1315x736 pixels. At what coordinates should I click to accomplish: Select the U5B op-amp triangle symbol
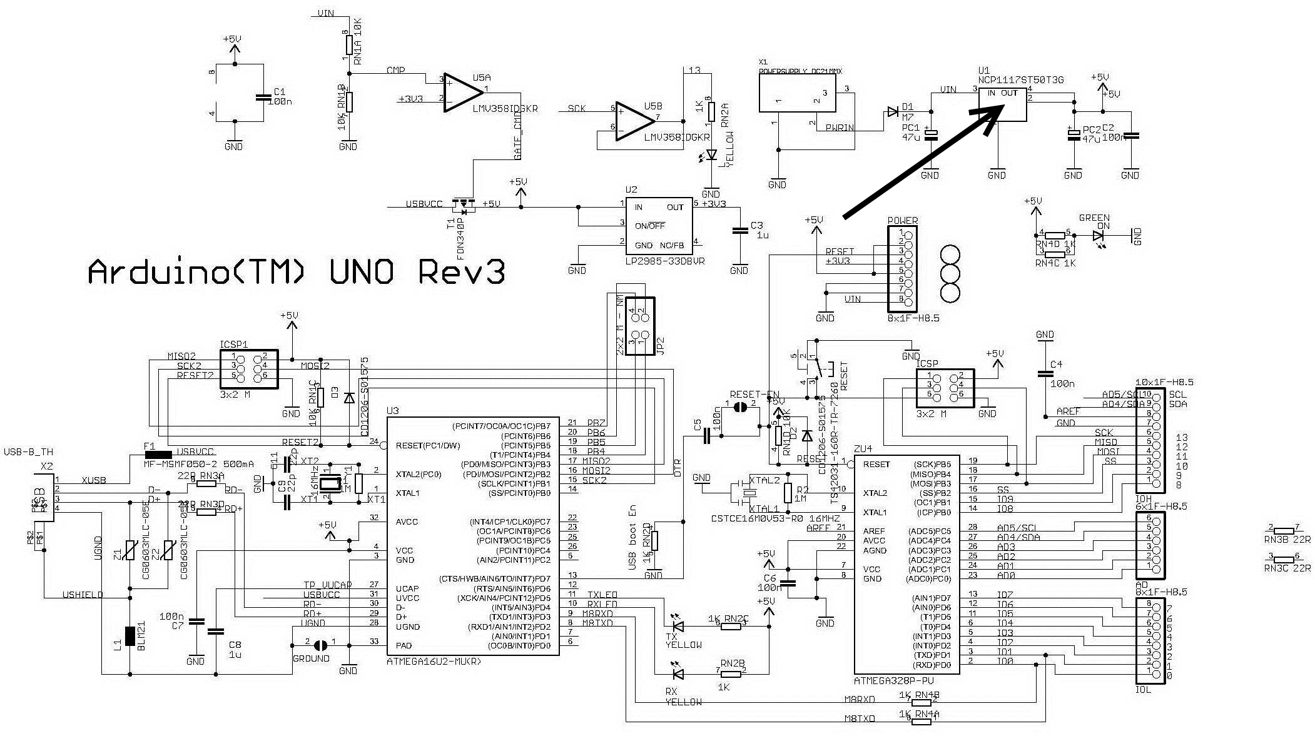click(633, 121)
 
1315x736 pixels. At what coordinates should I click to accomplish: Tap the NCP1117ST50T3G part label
click(1020, 80)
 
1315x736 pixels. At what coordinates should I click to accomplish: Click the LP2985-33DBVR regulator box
click(658, 226)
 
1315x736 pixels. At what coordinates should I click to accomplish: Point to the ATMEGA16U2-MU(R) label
click(434, 660)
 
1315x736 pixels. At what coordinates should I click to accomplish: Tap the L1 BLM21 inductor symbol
click(130, 635)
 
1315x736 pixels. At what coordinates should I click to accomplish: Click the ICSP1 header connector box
click(249, 369)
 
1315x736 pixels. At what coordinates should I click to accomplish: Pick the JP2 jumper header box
click(640, 326)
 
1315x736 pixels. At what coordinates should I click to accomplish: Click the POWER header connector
click(902, 268)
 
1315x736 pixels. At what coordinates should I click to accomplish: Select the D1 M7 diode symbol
click(893, 113)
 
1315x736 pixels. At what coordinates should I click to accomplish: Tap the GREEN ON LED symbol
click(1099, 236)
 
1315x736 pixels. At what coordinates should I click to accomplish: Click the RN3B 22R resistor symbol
click(1284, 530)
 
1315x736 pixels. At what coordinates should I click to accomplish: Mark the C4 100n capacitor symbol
click(1045, 374)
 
